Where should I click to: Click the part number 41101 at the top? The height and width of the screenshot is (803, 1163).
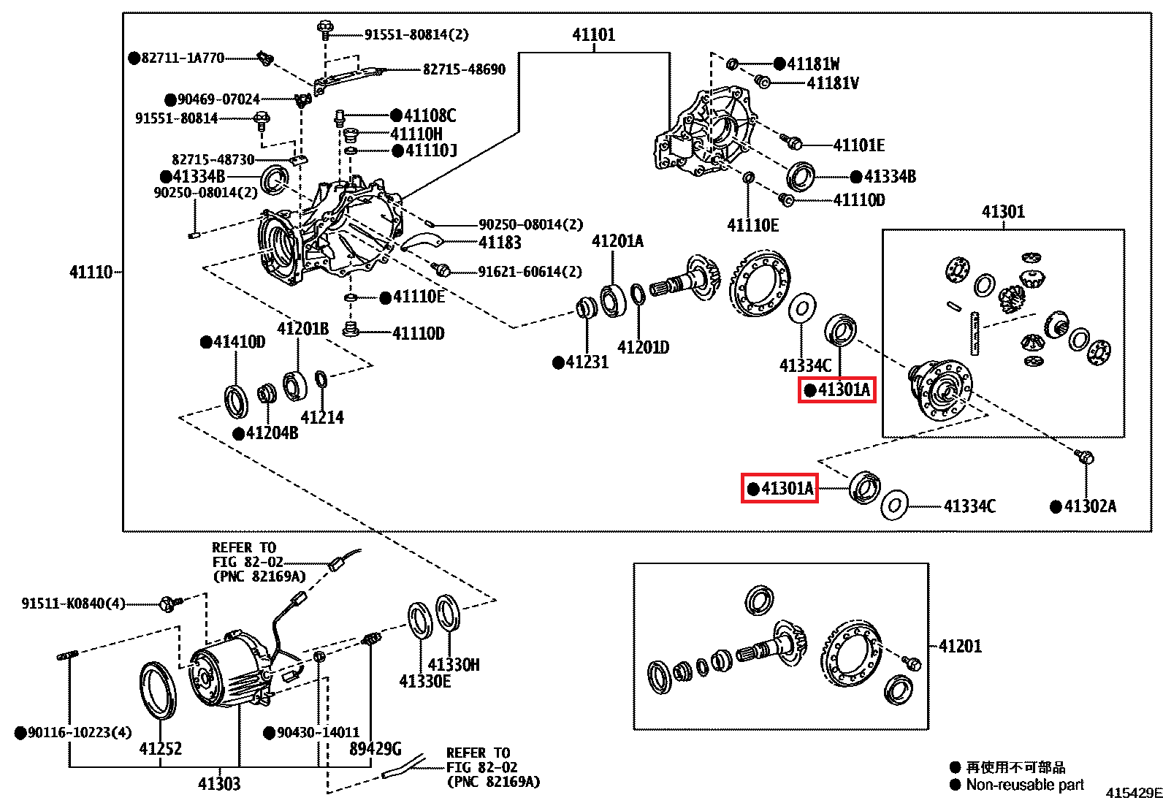click(593, 34)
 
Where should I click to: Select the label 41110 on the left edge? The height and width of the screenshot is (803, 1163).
click(91, 273)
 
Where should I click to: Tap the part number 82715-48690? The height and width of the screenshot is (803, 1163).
click(464, 69)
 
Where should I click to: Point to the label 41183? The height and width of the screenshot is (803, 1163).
click(500, 243)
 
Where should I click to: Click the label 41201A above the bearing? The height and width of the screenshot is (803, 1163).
click(617, 242)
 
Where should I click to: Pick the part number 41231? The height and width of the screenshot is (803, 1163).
click(587, 362)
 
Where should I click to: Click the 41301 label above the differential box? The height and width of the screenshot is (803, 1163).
click(1003, 212)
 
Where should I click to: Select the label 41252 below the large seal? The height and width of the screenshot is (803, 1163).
click(160, 749)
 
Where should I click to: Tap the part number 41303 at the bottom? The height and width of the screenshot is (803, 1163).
click(218, 784)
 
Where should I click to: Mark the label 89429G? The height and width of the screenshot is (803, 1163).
click(375, 749)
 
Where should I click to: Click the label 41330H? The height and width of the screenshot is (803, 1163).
click(454, 665)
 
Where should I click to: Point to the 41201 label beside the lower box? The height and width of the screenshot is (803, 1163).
click(960, 646)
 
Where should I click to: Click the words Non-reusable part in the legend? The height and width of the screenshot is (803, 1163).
click(1024, 785)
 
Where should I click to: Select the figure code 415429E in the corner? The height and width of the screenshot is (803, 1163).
click(1133, 794)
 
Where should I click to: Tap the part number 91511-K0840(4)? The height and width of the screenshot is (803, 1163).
click(73, 604)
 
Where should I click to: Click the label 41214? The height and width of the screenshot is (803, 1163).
click(322, 418)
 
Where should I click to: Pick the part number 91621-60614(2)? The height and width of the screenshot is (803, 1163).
click(530, 272)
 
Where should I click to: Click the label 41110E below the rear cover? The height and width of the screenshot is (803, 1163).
click(752, 226)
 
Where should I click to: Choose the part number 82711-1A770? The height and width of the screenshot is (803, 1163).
click(183, 58)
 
